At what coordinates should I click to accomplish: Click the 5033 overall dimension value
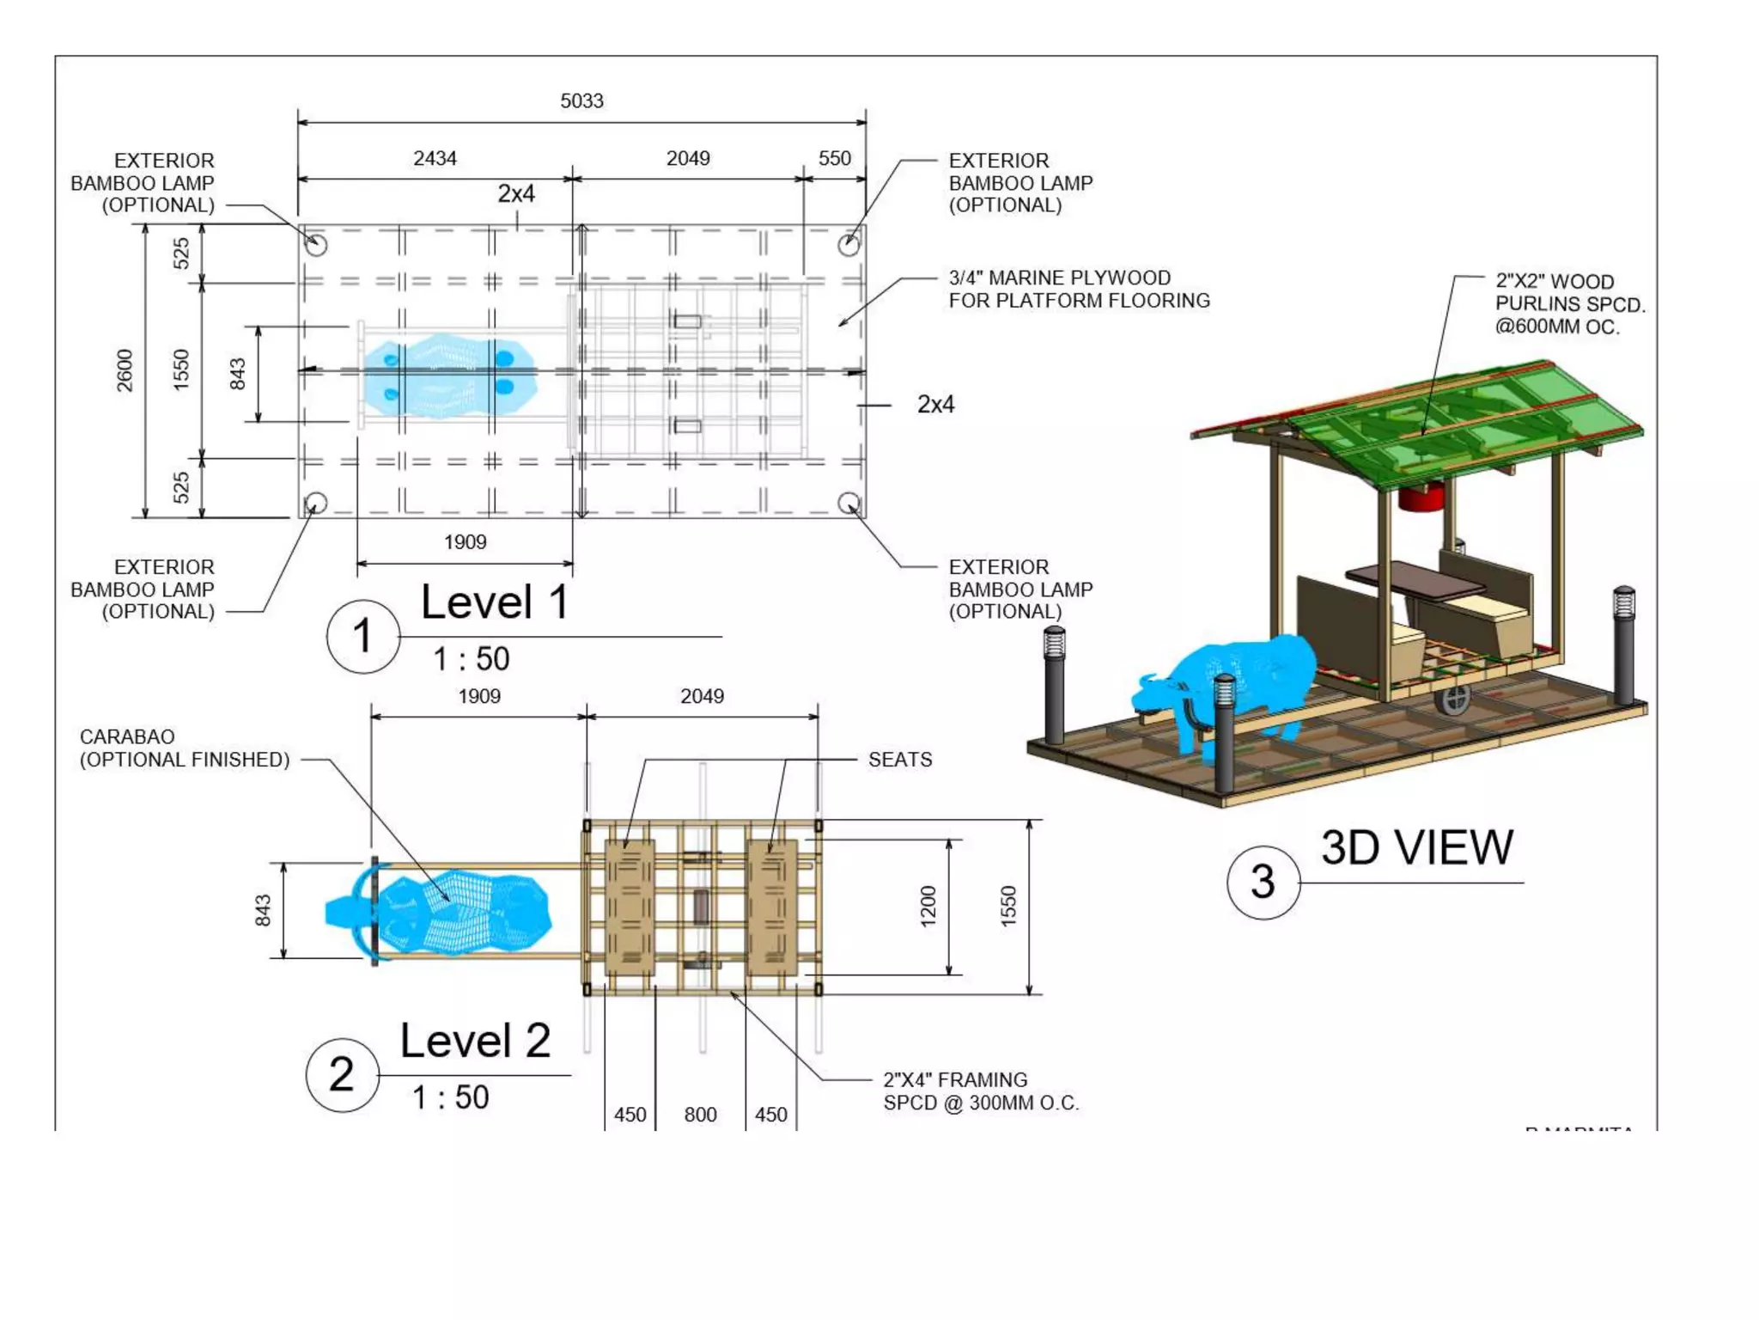[581, 101]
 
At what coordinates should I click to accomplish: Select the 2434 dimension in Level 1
[435, 159]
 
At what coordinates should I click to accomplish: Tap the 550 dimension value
[834, 159]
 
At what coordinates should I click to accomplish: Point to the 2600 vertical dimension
[125, 370]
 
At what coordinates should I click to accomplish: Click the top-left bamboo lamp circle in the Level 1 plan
[316, 245]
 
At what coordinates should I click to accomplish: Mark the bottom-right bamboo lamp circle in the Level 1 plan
[849, 503]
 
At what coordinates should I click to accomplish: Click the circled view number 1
[362, 637]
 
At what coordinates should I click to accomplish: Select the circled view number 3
[1262, 883]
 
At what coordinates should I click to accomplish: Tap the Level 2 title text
[475, 1041]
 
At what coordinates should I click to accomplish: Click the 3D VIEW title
[1416, 847]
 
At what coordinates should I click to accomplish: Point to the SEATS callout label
[899, 760]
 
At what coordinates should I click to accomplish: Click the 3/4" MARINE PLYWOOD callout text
[1079, 290]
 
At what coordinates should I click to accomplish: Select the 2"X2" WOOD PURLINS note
[1569, 304]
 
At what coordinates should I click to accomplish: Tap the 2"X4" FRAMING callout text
[980, 1091]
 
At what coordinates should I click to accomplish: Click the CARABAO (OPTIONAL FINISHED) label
[184, 749]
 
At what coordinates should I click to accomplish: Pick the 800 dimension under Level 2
[700, 1115]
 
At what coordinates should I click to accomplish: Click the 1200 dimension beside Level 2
[928, 907]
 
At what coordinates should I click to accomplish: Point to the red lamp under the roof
[1421, 496]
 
